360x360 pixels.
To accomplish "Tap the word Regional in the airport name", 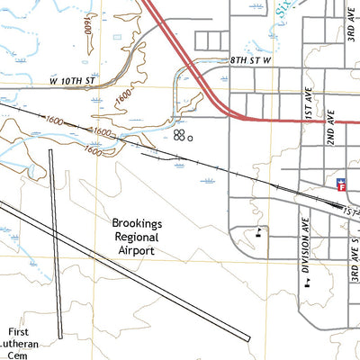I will pos(134,236).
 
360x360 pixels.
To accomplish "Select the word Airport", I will pos(134,250).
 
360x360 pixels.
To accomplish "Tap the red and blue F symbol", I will pos(341,184).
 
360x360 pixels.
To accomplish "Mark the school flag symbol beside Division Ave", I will pos(307,281).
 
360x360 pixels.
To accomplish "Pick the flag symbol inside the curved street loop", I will pos(260,232).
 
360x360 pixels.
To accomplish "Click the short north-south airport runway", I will pos(56,243).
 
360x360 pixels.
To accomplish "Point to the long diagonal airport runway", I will pos(126,270).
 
